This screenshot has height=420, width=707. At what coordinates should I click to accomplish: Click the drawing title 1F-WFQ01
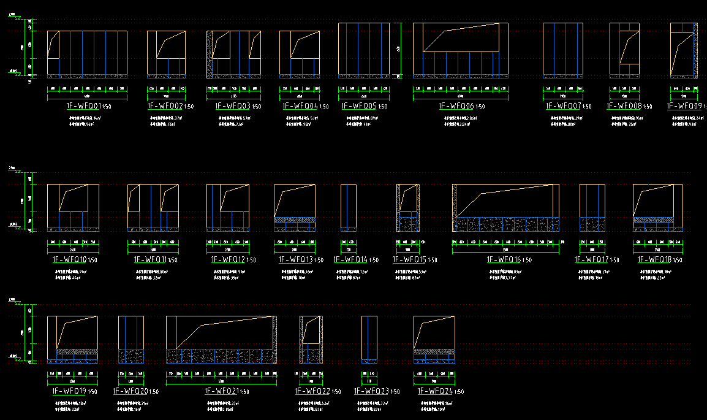tap(83, 105)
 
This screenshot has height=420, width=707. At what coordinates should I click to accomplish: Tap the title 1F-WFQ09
tap(684, 105)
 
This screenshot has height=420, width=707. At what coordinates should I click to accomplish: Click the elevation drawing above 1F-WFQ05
tap(364, 50)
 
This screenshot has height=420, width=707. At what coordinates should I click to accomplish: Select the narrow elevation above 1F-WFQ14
tap(348, 207)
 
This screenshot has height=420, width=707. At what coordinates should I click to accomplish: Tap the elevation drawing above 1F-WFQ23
tap(369, 339)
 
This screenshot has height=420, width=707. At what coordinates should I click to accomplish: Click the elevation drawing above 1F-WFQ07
tap(562, 50)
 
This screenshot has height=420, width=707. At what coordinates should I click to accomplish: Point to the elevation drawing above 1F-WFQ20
tap(131, 339)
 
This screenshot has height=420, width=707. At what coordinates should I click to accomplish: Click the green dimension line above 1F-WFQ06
tap(461, 93)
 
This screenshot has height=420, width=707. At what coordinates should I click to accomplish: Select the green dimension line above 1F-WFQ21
tap(221, 378)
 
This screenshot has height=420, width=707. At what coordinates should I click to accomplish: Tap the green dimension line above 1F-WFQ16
tap(505, 246)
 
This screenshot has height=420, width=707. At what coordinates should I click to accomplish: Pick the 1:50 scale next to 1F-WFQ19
tap(93, 392)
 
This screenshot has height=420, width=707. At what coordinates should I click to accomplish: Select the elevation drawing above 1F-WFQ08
tap(624, 50)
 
